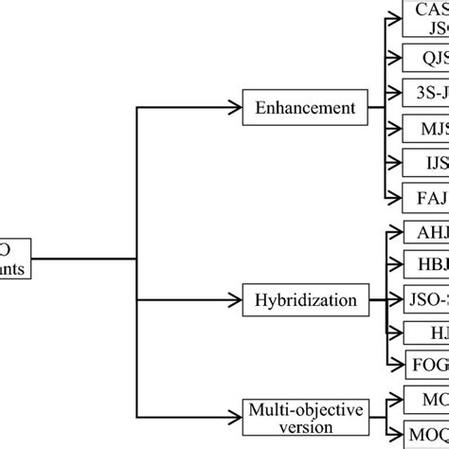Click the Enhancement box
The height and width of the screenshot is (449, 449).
(x=292, y=108)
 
